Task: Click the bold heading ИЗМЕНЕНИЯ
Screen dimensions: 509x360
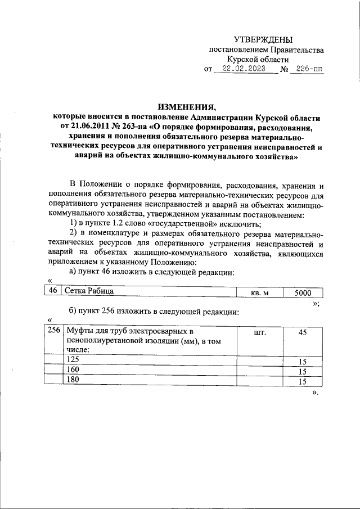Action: tap(186, 107)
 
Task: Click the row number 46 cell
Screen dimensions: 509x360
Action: tap(52, 292)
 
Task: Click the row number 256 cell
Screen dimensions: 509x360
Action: tap(53, 331)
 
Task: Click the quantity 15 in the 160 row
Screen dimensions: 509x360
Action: tap(302, 371)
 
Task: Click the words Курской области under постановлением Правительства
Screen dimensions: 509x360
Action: tap(258, 59)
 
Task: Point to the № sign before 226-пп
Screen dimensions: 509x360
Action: tap(285, 70)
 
